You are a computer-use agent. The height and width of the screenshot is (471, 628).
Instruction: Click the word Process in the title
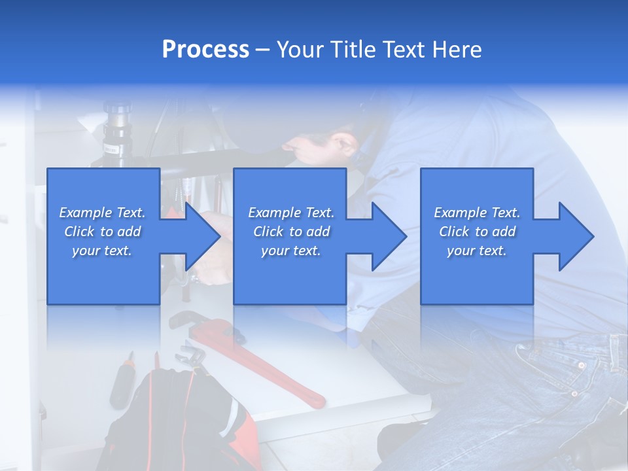tap(205, 50)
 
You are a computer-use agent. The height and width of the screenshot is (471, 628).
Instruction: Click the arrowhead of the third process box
tap(575, 236)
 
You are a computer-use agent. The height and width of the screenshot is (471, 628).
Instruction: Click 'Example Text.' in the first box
tap(102, 213)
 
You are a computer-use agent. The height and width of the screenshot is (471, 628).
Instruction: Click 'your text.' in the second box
tap(290, 251)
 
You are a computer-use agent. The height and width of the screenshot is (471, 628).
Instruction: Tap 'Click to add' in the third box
tap(477, 232)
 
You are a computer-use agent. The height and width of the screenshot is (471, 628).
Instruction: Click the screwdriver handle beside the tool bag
tap(121, 386)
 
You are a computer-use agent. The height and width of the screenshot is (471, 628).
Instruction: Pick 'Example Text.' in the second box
tap(290, 213)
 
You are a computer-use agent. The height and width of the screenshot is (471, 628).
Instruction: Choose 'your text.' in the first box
tap(102, 251)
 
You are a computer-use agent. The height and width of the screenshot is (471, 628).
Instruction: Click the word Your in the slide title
tap(299, 50)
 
